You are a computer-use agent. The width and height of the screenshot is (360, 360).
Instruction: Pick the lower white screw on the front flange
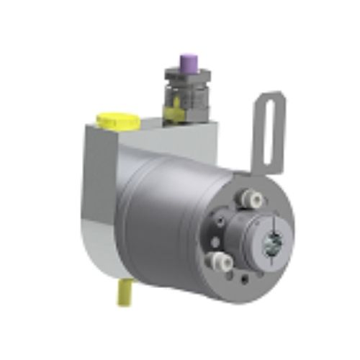pyautogui.click(x=214, y=260)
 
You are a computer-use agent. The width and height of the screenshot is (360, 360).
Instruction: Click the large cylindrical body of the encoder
pyautogui.click(x=166, y=216)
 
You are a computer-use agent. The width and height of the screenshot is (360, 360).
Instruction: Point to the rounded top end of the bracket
pyautogui.click(x=271, y=97)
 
